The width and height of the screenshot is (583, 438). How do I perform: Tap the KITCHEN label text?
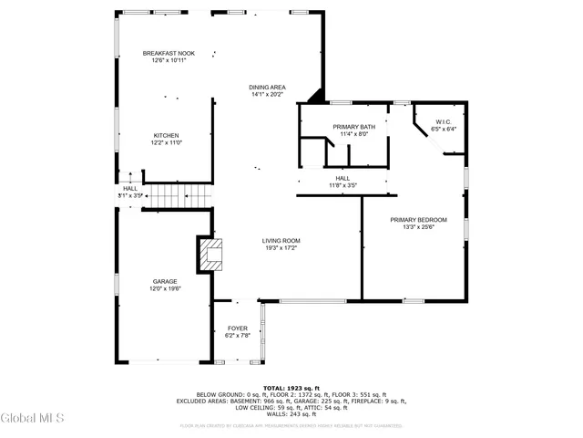pyautogui.click(x=166, y=136)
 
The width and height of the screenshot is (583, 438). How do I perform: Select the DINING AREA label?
pyautogui.click(x=268, y=88)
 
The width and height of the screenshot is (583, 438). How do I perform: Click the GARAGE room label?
pyautogui.click(x=165, y=281)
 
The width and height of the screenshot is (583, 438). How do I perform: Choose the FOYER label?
pyautogui.click(x=237, y=328)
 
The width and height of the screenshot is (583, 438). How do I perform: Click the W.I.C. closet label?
pyautogui.click(x=445, y=121)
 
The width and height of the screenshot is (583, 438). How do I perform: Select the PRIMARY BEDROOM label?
pyautogui.click(x=419, y=220)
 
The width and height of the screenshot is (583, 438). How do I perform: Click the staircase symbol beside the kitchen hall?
pyautogui.click(x=179, y=195)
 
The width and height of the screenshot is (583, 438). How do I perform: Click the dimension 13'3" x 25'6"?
pyautogui.click(x=419, y=227)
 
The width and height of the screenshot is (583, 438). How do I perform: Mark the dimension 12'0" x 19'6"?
pyautogui.click(x=165, y=288)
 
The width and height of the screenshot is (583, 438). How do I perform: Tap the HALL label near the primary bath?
pyautogui.click(x=343, y=178)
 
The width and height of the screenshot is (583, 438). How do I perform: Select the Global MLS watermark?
pyautogui.click(x=33, y=419)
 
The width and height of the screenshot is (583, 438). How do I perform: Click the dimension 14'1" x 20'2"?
pyautogui.click(x=268, y=94)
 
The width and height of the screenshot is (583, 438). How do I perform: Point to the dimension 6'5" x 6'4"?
pyautogui.click(x=445, y=129)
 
